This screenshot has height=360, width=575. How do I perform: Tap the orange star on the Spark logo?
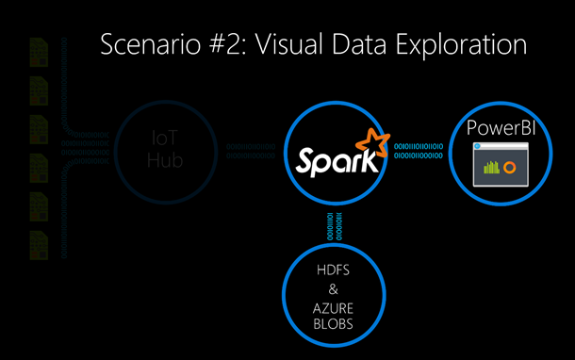point(375,144)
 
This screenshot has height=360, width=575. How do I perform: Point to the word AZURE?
point(337,308)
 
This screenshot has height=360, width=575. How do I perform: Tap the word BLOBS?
point(337,324)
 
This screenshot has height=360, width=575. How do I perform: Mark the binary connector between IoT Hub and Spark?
point(251,152)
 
